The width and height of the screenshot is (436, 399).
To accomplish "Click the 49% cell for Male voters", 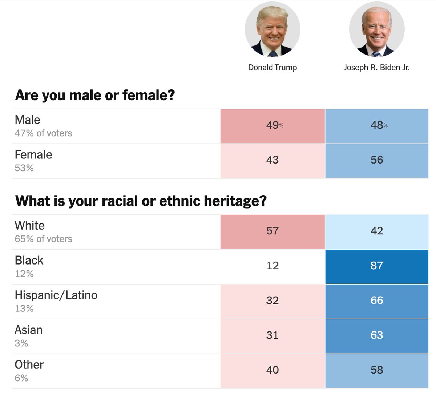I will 272,125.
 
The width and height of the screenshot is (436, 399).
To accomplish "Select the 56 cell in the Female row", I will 377,160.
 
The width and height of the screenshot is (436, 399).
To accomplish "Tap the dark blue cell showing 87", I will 377,266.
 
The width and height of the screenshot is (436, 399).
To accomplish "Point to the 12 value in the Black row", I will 272,266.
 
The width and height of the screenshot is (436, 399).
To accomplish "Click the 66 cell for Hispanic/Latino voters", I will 377,301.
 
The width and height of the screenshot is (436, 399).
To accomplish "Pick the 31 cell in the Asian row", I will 272,335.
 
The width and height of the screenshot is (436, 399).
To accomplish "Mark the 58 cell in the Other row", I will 377,370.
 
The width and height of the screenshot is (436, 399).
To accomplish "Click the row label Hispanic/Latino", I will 56,295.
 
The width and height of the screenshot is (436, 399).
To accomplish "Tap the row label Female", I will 33,155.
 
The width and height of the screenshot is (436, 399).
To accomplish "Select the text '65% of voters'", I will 43,239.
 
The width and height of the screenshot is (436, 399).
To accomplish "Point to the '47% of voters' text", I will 43,133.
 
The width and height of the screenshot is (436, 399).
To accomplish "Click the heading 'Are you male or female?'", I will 95,95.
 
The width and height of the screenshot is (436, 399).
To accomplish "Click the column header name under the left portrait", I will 272,68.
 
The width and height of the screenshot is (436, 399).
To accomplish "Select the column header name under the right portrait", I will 376,68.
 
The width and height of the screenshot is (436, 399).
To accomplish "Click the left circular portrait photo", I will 272,29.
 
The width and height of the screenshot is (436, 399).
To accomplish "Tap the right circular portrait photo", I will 377,29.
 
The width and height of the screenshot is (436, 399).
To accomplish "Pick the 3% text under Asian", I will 21,343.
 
